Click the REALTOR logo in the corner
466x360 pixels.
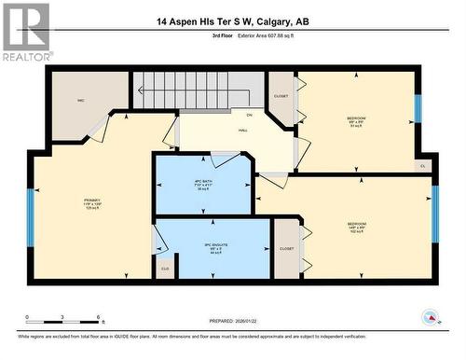(25, 32)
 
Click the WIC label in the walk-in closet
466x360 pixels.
(81, 99)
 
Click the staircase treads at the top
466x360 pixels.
(177, 90)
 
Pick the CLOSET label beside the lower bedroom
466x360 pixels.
(286, 249)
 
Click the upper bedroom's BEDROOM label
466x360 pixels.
(356, 119)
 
